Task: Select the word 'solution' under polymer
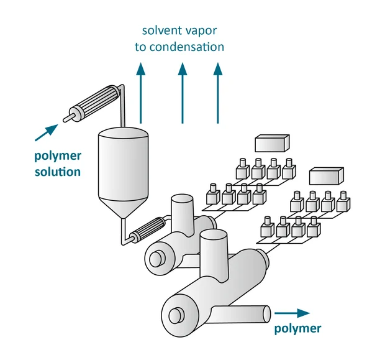click(x=58, y=172)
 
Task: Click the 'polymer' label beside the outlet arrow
click(x=297, y=329)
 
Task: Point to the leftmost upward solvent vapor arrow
click(x=141, y=93)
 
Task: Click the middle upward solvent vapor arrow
click(x=182, y=93)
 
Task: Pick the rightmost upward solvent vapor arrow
click(x=218, y=93)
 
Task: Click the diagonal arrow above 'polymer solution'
click(x=47, y=132)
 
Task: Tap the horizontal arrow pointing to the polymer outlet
click(x=292, y=313)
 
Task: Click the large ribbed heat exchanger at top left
click(x=94, y=103)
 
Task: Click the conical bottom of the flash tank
click(x=123, y=208)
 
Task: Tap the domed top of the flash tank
click(x=123, y=132)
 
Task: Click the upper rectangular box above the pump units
click(x=273, y=143)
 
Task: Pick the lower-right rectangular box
click(x=326, y=176)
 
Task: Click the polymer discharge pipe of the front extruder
click(x=241, y=313)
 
